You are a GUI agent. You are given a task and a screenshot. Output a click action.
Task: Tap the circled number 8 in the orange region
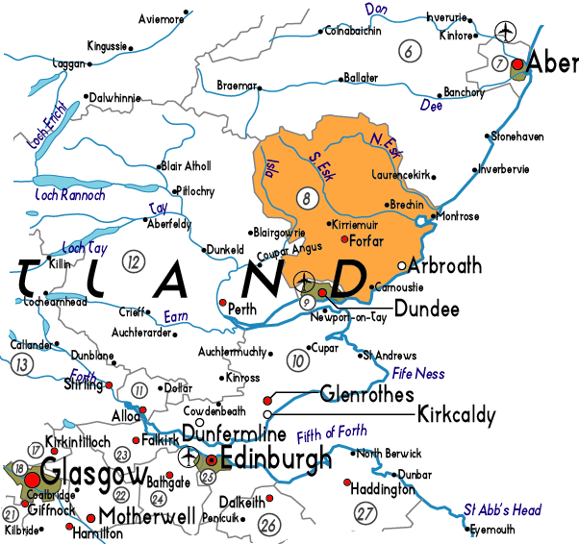(307, 200)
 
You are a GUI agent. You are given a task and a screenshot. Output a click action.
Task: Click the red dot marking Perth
(223, 304)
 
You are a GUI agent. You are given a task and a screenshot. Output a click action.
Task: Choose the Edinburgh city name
(276, 459)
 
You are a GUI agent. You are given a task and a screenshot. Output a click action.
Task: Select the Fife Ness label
(417, 373)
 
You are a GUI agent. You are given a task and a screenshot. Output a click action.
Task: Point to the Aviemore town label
(162, 18)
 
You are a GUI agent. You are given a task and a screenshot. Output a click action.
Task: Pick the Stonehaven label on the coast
(520, 136)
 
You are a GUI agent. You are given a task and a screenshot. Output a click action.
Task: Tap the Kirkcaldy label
(456, 415)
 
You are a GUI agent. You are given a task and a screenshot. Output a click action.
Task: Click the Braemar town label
(237, 85)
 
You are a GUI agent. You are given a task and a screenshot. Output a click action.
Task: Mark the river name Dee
(432, 107)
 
